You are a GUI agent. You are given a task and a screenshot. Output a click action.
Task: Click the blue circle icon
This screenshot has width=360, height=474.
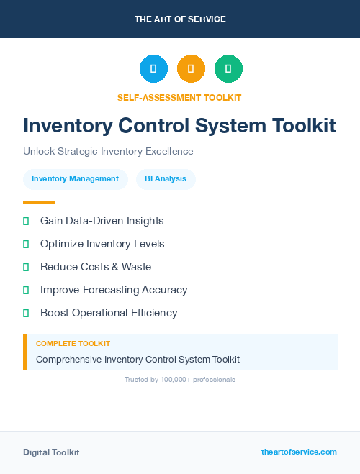point(153,69)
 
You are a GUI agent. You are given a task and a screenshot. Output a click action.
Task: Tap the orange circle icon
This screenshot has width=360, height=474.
point(191,69)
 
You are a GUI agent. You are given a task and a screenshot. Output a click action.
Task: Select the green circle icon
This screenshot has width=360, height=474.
point(228,69)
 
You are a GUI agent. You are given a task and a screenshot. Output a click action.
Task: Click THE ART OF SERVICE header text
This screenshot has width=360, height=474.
point(180,19)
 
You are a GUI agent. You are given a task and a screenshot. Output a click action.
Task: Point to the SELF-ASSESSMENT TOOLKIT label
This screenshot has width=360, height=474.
point(179,97)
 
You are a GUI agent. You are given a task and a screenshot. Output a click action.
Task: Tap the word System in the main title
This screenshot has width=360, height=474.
point(230,126)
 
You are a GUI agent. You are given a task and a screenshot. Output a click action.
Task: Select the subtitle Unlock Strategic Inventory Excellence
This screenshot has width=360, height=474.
point(108,152)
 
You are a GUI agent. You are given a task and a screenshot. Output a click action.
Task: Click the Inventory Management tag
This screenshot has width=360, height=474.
point(76,179)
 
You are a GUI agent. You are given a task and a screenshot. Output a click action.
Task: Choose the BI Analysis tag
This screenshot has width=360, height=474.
point(166,179)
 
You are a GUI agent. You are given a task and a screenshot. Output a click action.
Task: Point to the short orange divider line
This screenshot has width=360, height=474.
point(39,202)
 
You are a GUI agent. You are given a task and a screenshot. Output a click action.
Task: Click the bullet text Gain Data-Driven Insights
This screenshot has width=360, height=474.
point(102,221)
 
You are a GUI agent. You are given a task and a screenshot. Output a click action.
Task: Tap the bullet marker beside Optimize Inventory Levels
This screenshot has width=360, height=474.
point(26,244)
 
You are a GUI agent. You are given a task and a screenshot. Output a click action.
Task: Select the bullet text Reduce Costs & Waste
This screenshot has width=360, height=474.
point(96,267)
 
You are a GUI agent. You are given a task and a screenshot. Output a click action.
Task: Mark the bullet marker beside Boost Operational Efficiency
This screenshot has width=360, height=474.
point(26,313)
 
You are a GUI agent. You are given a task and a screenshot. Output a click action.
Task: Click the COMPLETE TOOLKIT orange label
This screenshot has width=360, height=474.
point(73,344)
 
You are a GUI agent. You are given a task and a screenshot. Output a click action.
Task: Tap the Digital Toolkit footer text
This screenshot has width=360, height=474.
point(51,452)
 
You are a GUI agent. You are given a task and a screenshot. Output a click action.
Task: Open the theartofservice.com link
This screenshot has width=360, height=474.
point(299,452)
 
